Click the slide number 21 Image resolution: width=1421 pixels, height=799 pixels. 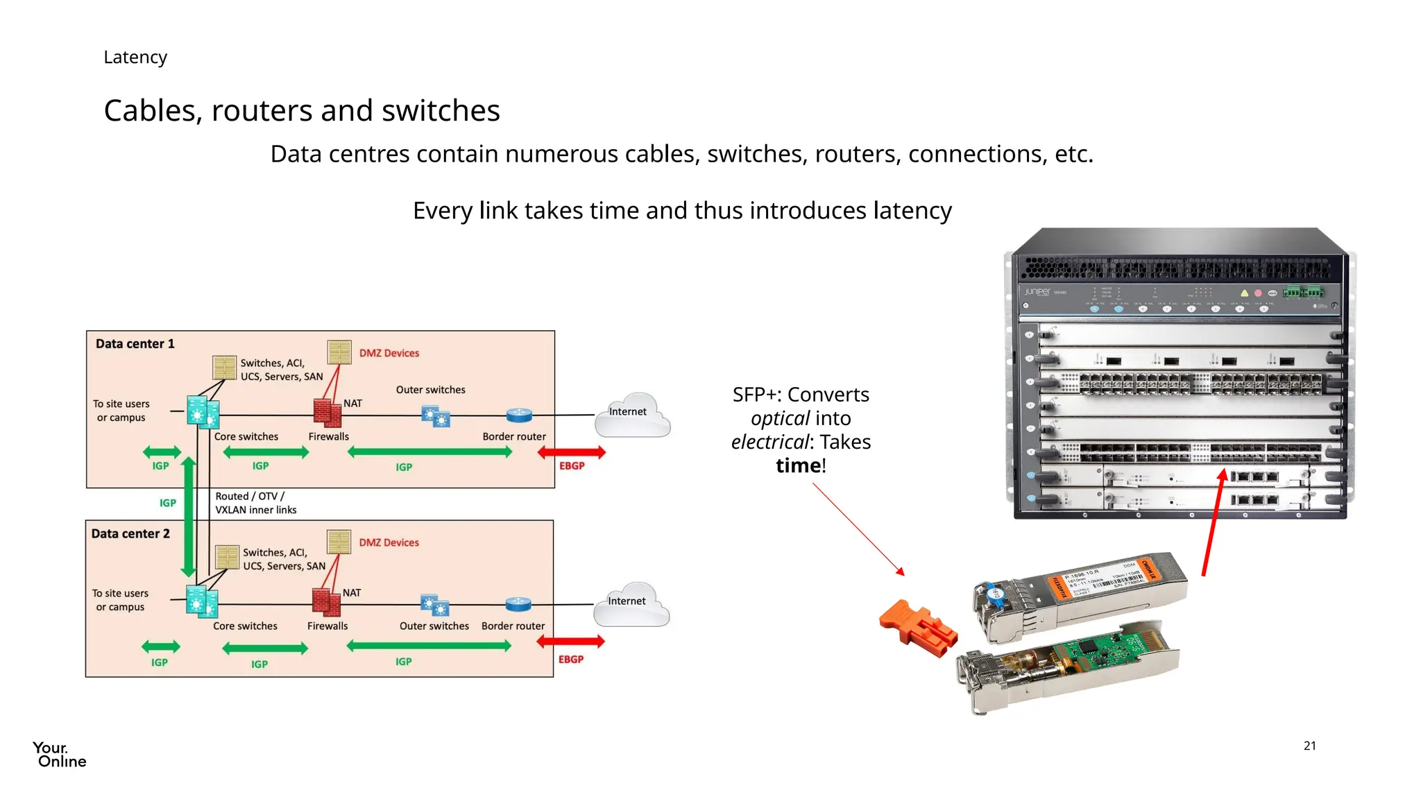pos(1309,746)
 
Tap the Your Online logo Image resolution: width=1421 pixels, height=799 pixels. pos(59,755)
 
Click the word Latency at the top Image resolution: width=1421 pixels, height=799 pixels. pos(135,57)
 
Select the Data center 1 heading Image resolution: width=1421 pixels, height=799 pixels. pos(135,343)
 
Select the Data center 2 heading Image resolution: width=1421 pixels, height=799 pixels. pos(130,533)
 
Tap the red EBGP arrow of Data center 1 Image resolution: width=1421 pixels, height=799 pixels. pos(572,452)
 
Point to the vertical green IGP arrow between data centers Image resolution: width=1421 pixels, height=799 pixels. pos(188,517)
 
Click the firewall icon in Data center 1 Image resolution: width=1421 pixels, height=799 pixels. pos(327,412)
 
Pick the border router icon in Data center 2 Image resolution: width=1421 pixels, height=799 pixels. pos(518,604)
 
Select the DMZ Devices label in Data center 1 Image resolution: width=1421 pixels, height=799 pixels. pos(389,353)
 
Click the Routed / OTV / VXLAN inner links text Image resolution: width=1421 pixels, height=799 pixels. pos(255,503)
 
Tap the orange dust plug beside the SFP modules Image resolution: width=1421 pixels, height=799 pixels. pos(917,628)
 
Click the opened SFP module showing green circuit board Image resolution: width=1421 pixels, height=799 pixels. pos(1069,666)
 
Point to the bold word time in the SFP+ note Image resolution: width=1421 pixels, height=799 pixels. pos(797,465)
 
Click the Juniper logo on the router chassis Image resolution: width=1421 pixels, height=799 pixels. pos(1037,292)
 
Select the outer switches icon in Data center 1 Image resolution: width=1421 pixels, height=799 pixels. pos(436,417)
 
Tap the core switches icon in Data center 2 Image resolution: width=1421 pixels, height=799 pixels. pos(202,601)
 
